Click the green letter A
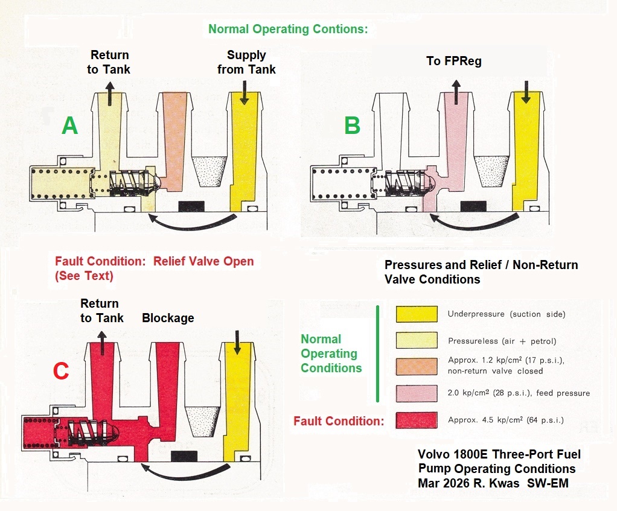point(70,125)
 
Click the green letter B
point(352,125)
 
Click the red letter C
point(60,371)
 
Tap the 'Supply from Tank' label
point(247,62)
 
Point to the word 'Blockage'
point(168,318)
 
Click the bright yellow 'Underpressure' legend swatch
point(417,314)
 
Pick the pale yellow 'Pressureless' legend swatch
point(417,341)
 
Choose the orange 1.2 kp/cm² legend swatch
point(417,366)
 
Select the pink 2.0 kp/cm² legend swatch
point(417,393)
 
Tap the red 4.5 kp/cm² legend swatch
point(417,420)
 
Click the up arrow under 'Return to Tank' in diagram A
point(109,94)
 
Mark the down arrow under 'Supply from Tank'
point(244,94)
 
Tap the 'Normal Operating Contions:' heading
point(287,28)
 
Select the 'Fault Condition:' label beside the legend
point(339,421)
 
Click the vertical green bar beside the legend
point(377,354)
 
